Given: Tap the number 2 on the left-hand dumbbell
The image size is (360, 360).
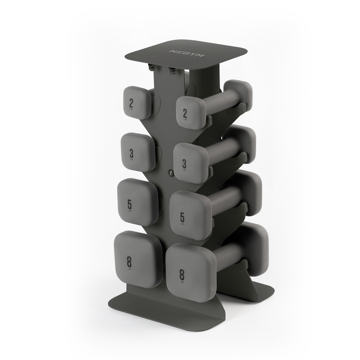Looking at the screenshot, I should [131, 103].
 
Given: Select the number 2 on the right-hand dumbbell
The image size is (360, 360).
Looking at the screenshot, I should [185, 113].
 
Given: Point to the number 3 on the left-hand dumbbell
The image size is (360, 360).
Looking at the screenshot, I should [131, 154].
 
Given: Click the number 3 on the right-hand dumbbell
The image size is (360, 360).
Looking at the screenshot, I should [184, 164].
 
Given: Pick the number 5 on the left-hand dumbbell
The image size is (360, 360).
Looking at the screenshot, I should [130, 204].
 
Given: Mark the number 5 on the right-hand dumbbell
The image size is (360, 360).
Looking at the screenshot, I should [182, 217].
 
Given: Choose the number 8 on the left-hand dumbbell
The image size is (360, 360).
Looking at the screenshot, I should [129, 262].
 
